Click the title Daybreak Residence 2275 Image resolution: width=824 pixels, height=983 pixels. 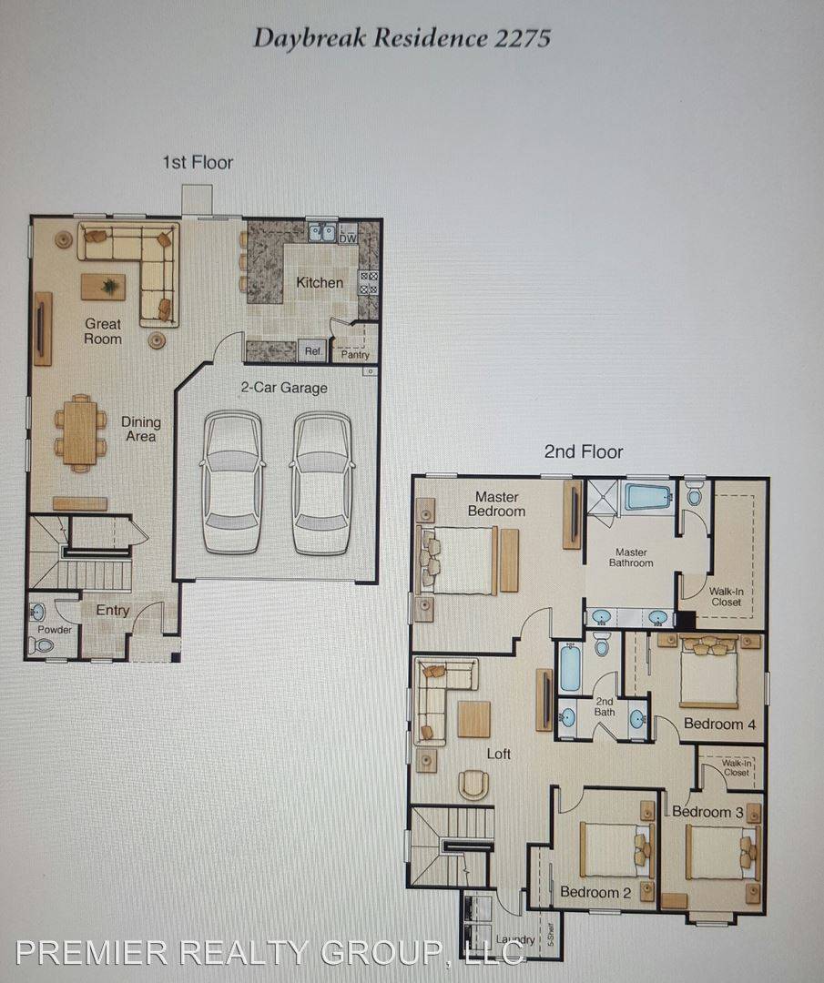(x=402, y=38)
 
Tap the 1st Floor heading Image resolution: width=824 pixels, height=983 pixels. (x=198, y=163)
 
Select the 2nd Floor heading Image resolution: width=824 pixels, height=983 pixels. (x=584, y=451)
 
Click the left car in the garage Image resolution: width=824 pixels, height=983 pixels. (x=233, y=481)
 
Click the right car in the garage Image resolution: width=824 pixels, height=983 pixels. (x=321, y=481)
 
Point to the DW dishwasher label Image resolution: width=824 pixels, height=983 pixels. (x=347, y=238)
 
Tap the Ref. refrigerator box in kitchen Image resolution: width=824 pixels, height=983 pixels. (x=312, y=350)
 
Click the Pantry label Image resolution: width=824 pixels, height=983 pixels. (x=354, y=355)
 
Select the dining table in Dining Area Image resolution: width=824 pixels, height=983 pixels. (x=80, y=432)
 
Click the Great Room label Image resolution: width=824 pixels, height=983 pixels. (x=103, y=330)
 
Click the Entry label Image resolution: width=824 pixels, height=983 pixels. (x=113, y=611)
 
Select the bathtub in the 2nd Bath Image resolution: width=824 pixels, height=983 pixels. (x=570, y=669)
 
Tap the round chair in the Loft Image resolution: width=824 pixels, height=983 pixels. (x=473, y=785)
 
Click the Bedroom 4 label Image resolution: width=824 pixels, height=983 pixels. (x=719, y=725)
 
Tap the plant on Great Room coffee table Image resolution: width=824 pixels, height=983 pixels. (x=110, y=287)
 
